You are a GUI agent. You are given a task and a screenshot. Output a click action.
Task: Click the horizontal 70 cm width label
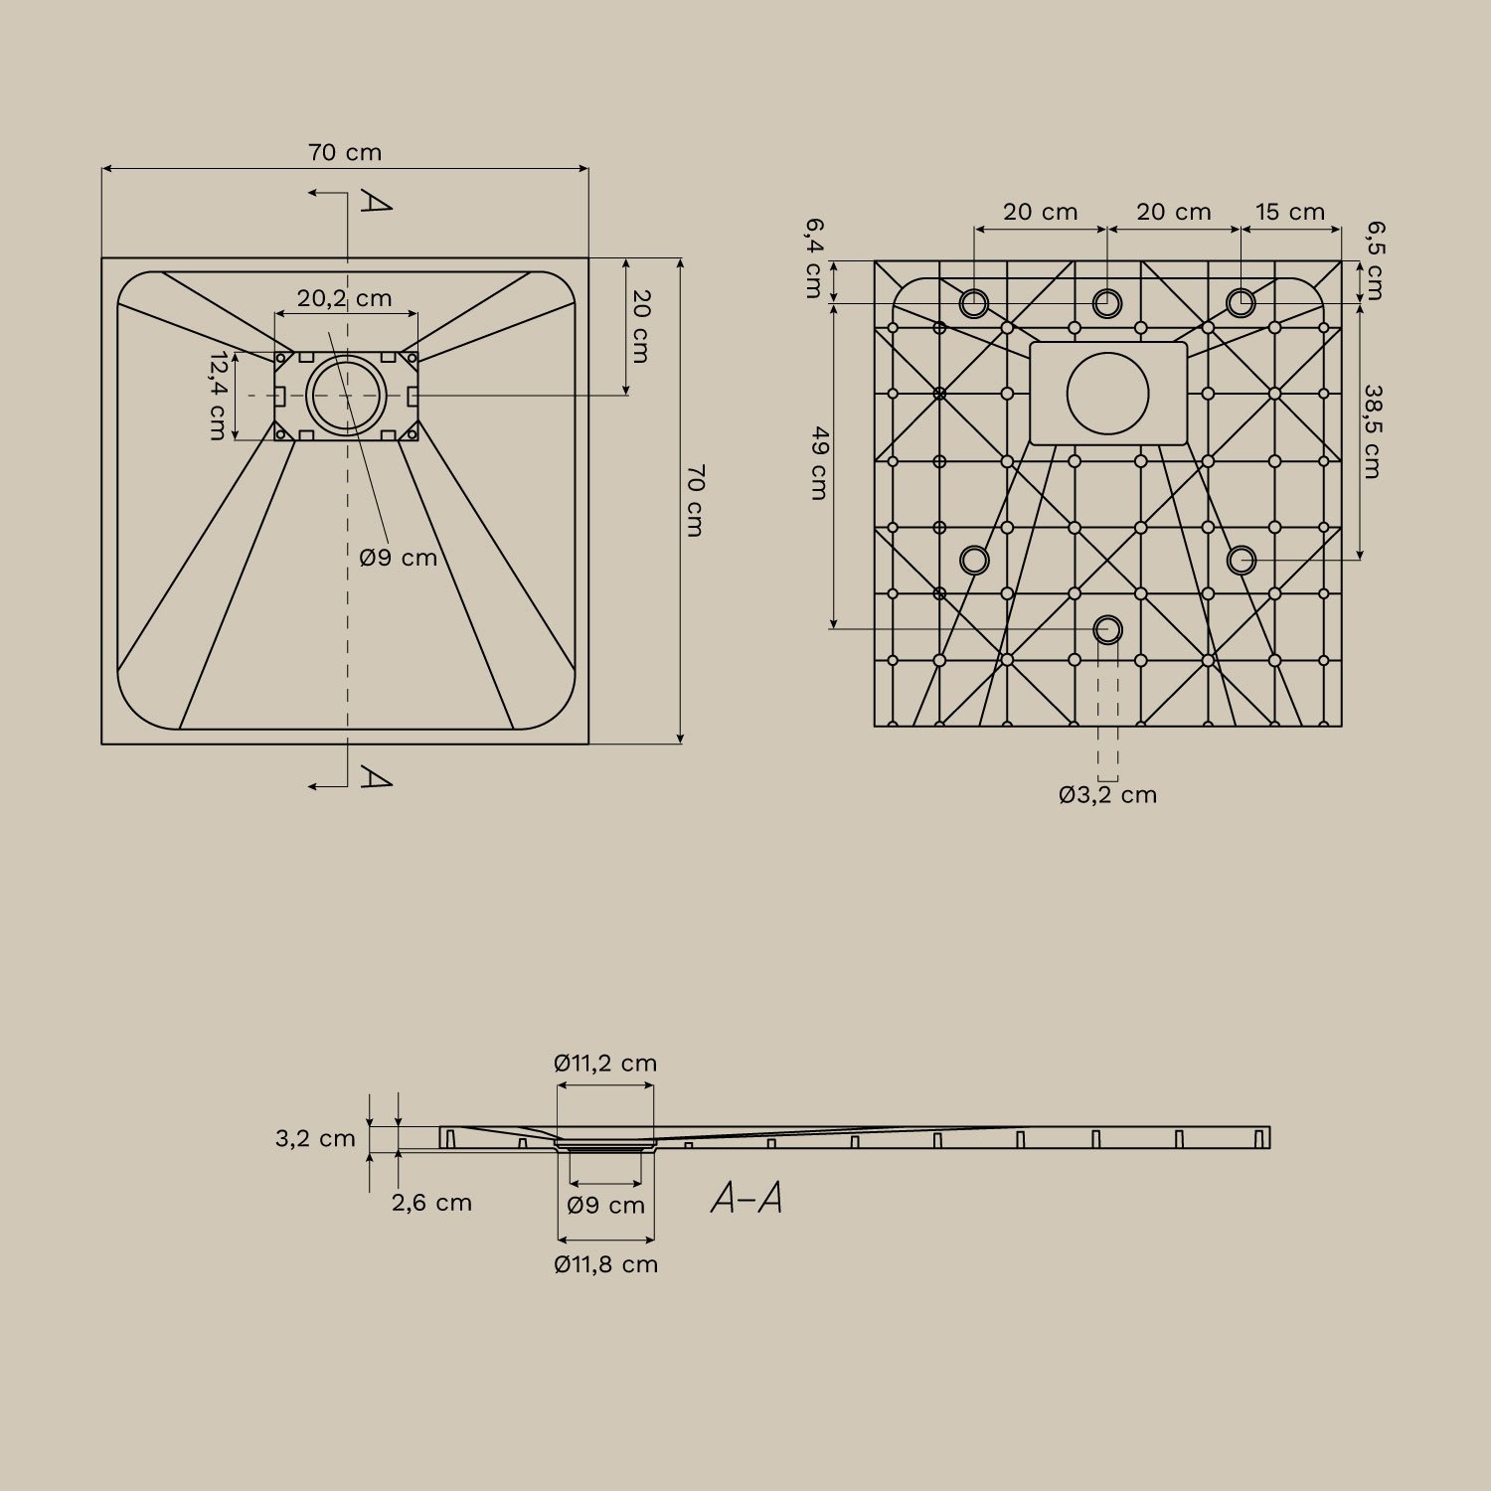(x=345, y=153)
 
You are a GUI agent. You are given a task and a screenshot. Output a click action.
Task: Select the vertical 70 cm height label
(x=695, y=500)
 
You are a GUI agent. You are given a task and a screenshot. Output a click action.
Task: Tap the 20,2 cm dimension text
(x=345, y=298)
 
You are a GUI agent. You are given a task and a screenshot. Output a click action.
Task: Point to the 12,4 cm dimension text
(x=218, y=396)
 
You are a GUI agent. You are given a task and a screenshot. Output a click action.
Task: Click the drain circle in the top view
(x=346, y=396)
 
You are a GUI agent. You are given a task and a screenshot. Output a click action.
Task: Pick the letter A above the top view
(x=375, y=202)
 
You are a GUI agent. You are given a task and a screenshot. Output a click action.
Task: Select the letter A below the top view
(x=375, y=777)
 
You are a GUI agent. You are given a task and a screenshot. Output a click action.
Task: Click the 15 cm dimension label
(x=1290, y=213)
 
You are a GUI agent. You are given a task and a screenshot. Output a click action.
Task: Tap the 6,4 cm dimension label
(x=813, y=258)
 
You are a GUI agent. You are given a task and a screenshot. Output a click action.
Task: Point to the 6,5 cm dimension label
(x=1374, y=260)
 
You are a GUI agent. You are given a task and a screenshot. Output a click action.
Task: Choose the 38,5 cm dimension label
(x=1372, y=432)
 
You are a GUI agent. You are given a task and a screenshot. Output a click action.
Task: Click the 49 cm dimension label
(x=819, y=463)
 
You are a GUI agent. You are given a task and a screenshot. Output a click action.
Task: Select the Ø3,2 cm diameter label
(x=1107, y=795)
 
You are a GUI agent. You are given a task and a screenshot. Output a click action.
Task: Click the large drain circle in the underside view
(x=1107, y=393)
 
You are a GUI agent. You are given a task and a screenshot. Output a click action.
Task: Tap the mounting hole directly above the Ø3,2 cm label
(x=1107, y=629)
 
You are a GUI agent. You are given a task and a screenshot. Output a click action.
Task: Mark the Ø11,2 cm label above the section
(x=605, y=1064)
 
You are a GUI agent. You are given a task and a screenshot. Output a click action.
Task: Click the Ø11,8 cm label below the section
(x=605, y=1265)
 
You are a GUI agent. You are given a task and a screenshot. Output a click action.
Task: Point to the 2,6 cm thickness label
(x=431, y=1203)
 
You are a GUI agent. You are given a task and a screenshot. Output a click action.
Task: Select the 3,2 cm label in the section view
(x=315, y=1139)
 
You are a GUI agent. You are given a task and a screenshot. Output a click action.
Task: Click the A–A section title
(x=746, y=1200)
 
